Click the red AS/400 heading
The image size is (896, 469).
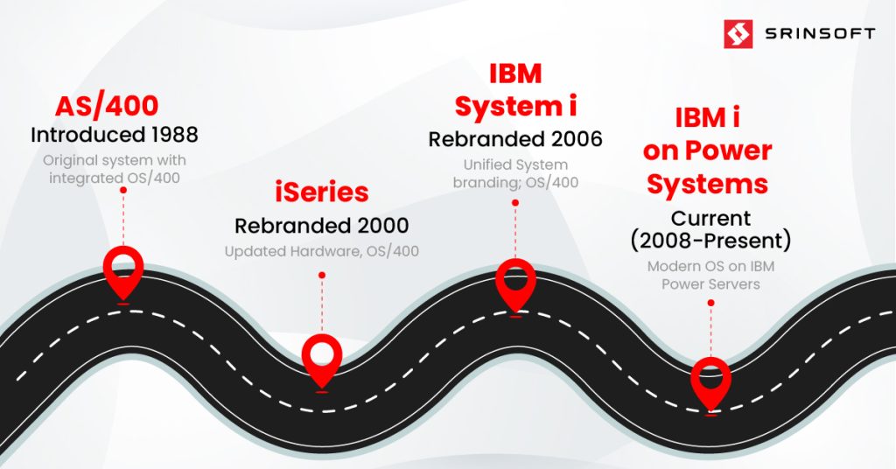coord(107,106)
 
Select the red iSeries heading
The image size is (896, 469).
coord(322,192)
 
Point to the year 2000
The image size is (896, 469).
coord(383,226)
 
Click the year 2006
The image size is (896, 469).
coord(577,139)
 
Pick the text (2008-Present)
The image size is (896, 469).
coord(710,241)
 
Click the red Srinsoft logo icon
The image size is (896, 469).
coord(738,34)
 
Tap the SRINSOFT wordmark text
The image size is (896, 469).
coord(820,34)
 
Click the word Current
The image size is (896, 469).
coord(710,218)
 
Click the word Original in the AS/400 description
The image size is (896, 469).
coord(67,160)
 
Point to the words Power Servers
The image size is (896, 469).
coord(710,283)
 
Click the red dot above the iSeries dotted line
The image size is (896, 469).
coord(322,276)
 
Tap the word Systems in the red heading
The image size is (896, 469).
coord(707,185)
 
